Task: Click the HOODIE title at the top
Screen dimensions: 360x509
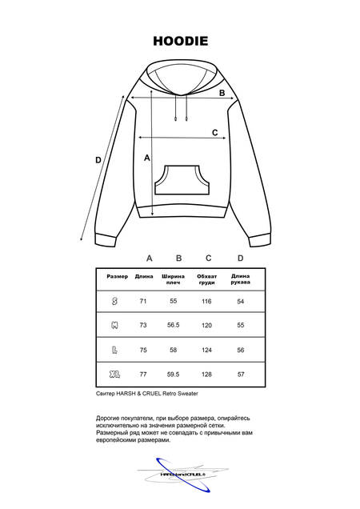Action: tap(180, 39)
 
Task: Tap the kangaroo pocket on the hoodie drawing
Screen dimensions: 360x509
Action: tap(180, 181)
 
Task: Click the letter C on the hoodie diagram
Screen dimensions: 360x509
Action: tap(214, 132)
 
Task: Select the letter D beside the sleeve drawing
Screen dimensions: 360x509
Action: tap(98, 160)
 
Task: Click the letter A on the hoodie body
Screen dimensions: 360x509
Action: tap(147, 158)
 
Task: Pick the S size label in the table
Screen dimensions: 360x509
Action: tap(114, 301)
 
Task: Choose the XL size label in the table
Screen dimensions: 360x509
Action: tap(114, 374)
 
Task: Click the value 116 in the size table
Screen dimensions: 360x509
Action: tap(206, 301)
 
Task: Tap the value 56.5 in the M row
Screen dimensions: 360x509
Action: tap(173, 326)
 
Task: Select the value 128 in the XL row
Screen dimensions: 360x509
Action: tap(206, 374)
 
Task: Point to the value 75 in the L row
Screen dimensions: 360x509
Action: tap(144, 350)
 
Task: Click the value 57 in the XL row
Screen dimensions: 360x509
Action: tap(241, 374)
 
